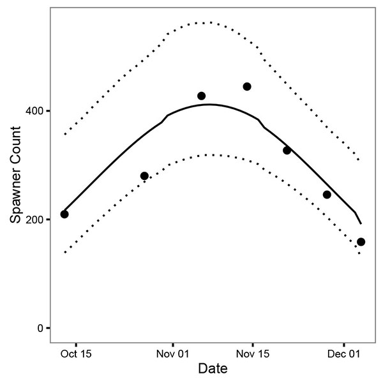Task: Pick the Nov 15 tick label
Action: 252,354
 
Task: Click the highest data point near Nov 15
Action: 247,87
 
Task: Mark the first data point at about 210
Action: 64,214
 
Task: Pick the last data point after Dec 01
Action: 361,242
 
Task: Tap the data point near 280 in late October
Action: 144,176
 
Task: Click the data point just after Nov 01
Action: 201,96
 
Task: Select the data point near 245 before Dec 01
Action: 327,195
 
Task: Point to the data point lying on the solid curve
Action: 287,151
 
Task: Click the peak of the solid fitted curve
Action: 208,104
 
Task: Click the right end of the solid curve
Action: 361,223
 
